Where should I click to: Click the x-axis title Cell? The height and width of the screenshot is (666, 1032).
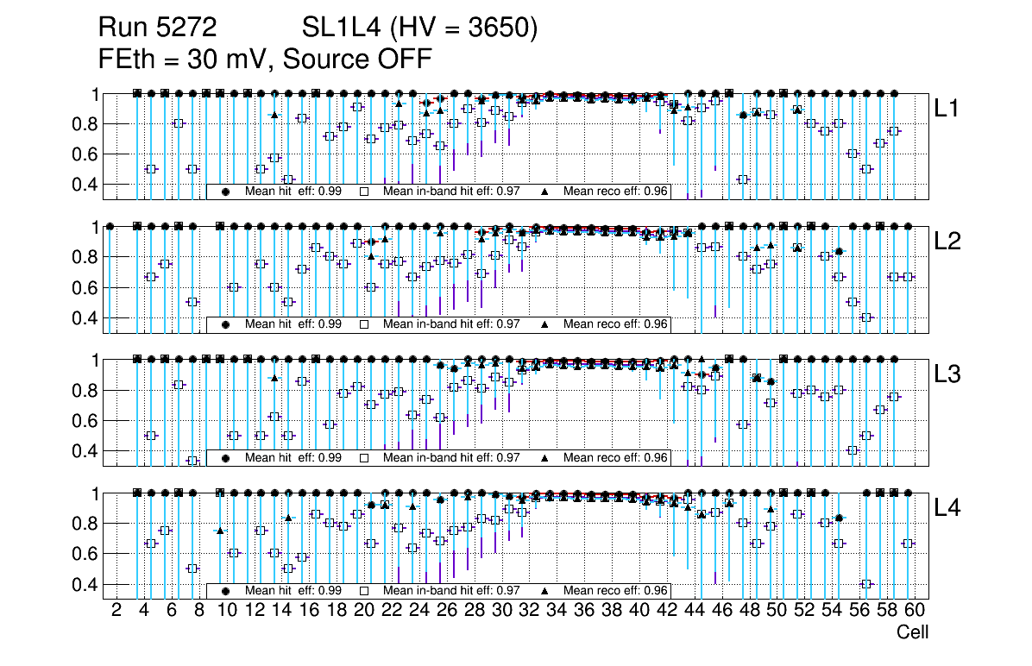click(x=912, y=632)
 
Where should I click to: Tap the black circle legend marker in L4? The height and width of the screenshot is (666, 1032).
click(x=226, y=591)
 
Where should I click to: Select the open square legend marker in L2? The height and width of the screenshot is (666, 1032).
click(x=364, y=324)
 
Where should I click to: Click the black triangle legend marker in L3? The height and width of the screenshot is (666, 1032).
click(x=545, y=458)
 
